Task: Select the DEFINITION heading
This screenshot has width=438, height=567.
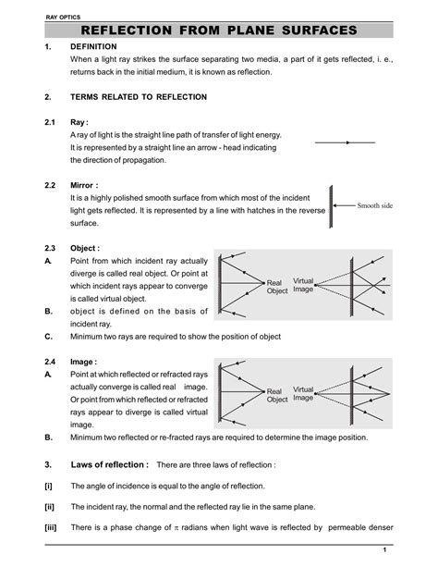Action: (93, 46)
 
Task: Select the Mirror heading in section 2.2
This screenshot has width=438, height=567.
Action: (84, 185)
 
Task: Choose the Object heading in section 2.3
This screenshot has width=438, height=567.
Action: (85, 249)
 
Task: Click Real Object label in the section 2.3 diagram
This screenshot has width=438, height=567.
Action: (277, 287)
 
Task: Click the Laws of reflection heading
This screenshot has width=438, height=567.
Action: (109, 463)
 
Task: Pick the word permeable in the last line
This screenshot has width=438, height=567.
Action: (352, 528)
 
